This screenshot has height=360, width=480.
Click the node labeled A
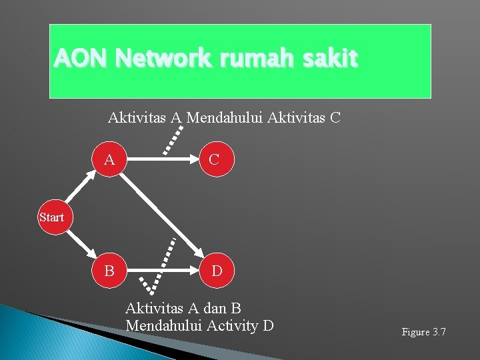pos(109,160)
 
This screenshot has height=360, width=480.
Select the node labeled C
pos(214,160)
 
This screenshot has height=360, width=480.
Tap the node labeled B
pos(109,271)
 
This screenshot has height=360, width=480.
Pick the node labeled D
pos(217,271)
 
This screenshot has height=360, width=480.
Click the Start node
pos(51,217)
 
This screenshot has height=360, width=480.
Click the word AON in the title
pos(81,59)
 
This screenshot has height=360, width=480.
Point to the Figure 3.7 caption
pos(423,331)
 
